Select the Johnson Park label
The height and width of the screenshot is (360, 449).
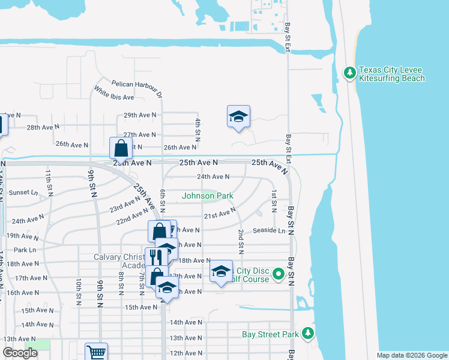pyautogui.click(x=207, y=196)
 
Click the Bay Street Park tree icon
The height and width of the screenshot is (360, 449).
pyautogui.click(x=308, y=332)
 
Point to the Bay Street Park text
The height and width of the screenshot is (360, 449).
pyautogui.click(x=270, y=334)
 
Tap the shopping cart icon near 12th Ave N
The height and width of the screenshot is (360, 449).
pyautogui.click(x=96, y=353)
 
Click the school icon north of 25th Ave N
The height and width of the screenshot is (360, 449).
pyautogui.click(x=238, y=117)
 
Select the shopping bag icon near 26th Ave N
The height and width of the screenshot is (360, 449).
pyautogui.click(x=121, y=148)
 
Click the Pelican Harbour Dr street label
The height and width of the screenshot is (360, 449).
pyautogui.click(x=137, y=88)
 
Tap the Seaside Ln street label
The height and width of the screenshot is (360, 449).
pyautogui.click(x=269, y=230)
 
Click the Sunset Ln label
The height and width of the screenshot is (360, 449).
pyautogui.click(x=23, y=193)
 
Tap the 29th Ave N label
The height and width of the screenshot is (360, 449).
pyautogui.click(x=140, y=115)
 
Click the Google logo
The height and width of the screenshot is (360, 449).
pyautogui.click(x=20, y=353)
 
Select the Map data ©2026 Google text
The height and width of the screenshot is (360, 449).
pyautogui.click(x=411, y=355)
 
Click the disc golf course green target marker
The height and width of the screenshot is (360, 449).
pyautogui.click(x=278, y=275)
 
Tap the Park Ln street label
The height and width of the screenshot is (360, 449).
pyautogui.click(x=25, y=250)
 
